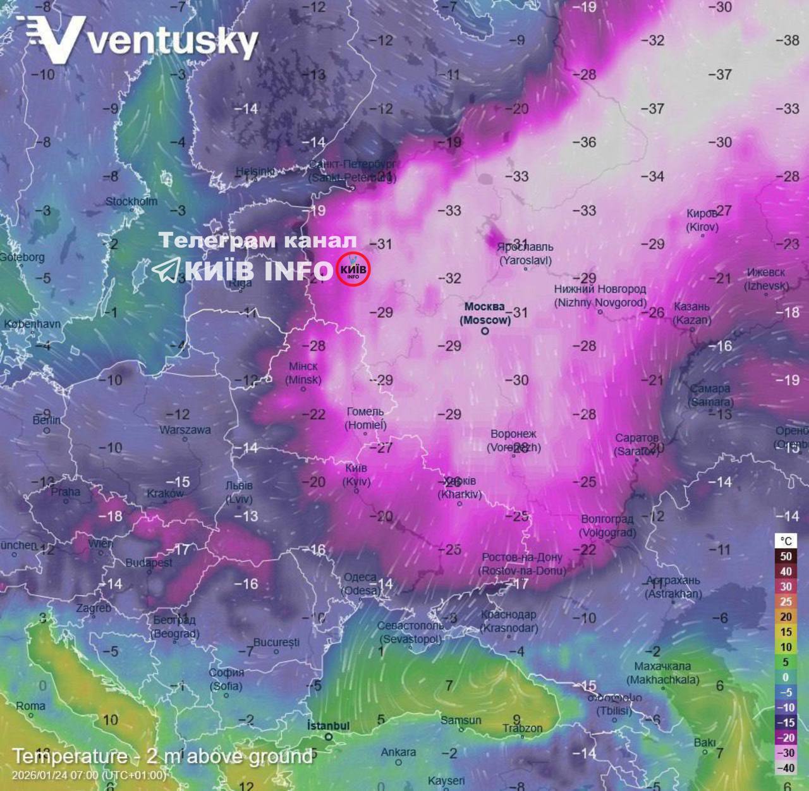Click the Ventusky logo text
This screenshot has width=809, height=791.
click(x=172, y=41)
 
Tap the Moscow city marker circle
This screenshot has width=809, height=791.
click(x=485, y=331)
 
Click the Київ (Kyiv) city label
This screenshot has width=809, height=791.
click(x=356, y=475)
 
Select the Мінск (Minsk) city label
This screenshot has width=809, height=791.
click(x=303, y=373)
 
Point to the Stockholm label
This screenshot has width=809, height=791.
click(x=131, y=202)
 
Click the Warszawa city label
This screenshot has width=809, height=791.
click(x=185, y=430)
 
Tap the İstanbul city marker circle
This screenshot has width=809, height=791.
click(x=329, y=737)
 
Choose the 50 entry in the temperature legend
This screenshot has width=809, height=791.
click(x=786, y=556)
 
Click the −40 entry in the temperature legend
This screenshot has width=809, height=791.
click(x=786, y=768)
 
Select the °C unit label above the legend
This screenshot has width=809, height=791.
click(x=786, y=541)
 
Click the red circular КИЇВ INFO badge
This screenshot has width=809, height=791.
click(x=353, y=269)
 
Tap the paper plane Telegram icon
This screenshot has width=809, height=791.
click(x=166, y=270)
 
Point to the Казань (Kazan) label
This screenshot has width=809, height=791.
click(x=692, y=313)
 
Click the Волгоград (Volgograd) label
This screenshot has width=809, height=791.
click(x=607, y=525)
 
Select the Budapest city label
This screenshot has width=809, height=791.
click(x=149, y=562)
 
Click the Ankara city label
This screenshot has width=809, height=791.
click(x=398, y=752)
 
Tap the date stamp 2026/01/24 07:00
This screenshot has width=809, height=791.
click(x=88, y=775)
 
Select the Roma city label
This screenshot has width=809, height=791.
click(x=30, y=706)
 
